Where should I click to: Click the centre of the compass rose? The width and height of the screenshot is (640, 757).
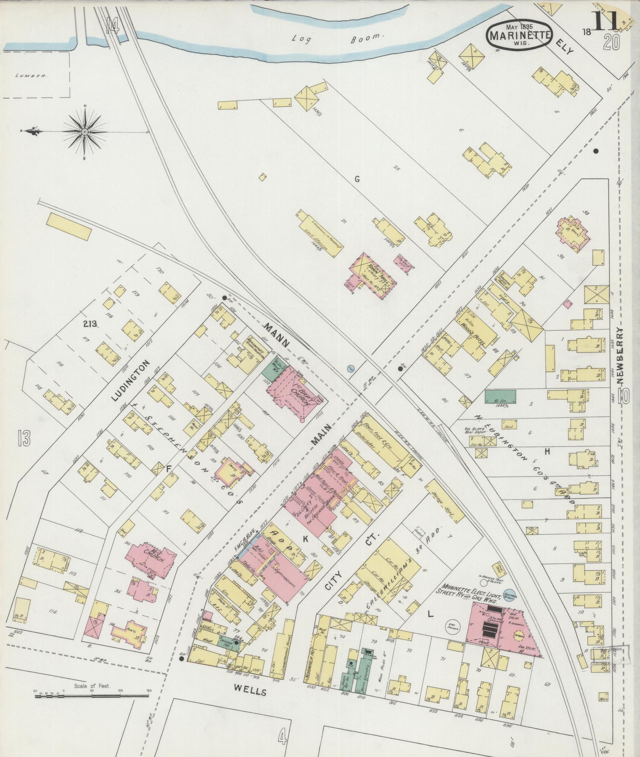pos(85,132)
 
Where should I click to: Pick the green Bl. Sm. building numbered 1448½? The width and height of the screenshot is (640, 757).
pos(500,396)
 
